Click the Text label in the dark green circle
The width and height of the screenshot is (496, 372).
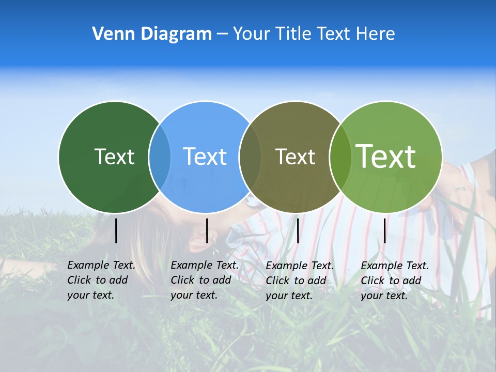pyautogui.click(x=114, y=157)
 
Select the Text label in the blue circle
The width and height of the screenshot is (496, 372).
pyautogui.click(x=205, y=157)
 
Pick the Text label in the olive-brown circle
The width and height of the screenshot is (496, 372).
pyautogui.click(x=295, y=157)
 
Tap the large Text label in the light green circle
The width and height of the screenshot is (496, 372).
pyautogui.click(x=385, y=156)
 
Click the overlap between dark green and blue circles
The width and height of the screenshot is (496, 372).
pyautogui.click(x=160, y=157)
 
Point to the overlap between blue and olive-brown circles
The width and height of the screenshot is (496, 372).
pyautogui.click(x=251, y=157)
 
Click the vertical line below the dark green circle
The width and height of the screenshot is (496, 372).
pyautogui.click(x=116, y=230)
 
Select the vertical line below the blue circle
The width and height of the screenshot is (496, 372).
pyautogui.click(x=207, y=230)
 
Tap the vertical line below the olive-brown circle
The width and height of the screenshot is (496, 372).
pyautogui.click(x=298, y=230)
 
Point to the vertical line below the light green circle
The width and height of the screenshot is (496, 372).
pyautogui.click(x=385, y=230)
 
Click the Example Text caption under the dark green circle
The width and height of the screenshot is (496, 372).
pyautogui.click(x=101, y=280)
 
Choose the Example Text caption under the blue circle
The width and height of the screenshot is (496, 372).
pyautogui.click(x=204, y=280)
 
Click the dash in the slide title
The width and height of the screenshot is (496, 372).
pyautogui.click(x=222, y=35)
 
